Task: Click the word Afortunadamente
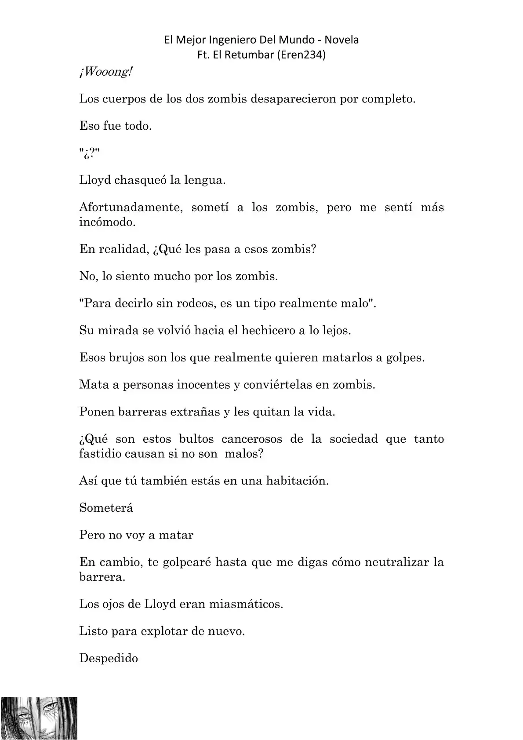pyautogui.click(x=131, y=208)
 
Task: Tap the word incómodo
pyautogui.click(x=107, y=222)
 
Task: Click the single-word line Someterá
pyautogui.click(x=106, y=508)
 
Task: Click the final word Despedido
pyautogui.click(x=109, y=658)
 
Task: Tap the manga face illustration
pyautogui.click(x=39, y=718)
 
